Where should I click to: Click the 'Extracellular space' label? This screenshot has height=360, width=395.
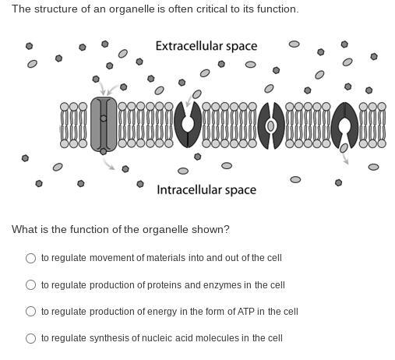[x=206, y=46]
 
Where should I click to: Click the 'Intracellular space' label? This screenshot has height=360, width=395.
[x=206, y=190]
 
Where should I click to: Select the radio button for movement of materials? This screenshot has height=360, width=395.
[x=30, y=258]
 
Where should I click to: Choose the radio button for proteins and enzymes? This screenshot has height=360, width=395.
[x=30, y=284]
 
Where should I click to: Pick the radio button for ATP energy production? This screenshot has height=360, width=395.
[x=30, y=311]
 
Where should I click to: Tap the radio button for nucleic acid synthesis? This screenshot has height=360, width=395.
[x=30, y=338]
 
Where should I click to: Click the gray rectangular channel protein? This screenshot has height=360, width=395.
[x=104, y=124]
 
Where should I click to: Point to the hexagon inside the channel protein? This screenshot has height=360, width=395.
[x=104, y=118]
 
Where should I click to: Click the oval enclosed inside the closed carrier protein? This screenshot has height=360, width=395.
[x=270, y=126]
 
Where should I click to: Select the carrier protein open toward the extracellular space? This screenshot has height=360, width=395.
[x=188, y=125]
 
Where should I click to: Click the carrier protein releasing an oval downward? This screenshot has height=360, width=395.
[x=344, y=125]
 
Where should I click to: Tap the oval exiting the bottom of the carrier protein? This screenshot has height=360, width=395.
[x=344, y=148]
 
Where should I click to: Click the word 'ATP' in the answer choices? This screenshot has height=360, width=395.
[x=245, y=312]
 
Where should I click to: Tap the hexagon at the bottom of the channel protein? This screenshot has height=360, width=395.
[x=104, y=151]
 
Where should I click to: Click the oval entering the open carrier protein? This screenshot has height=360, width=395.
[x=197, y=94]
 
